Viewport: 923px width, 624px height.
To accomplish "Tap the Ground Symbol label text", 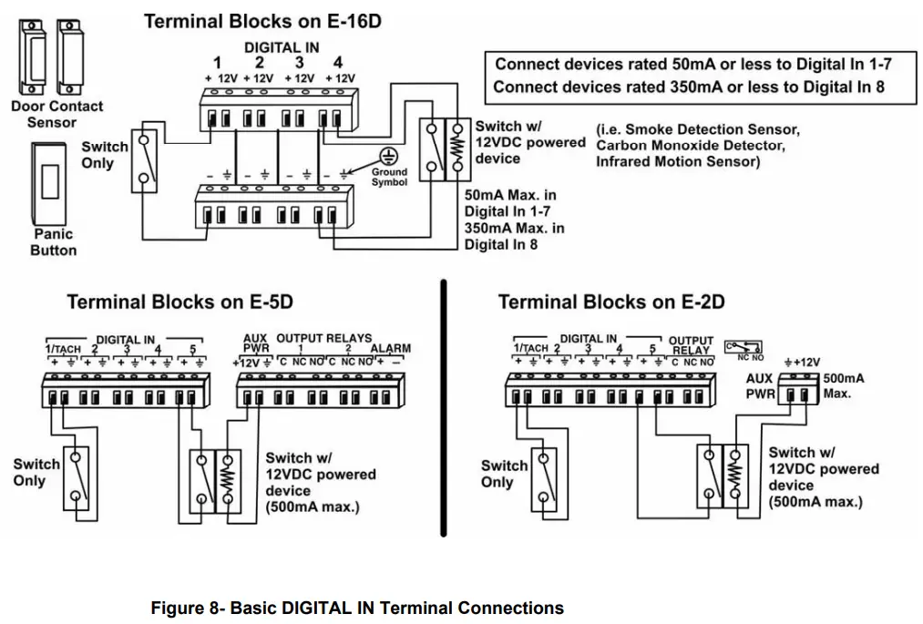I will [389, 178].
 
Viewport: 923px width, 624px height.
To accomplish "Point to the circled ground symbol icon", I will [389, 155].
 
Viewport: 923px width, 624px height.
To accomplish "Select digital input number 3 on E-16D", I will [299, 63].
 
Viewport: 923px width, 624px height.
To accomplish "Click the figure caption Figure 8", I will [357, 608].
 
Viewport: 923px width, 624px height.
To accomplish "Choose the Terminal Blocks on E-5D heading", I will [180, 302].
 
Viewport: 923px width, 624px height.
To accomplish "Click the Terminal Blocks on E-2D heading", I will [611, 302].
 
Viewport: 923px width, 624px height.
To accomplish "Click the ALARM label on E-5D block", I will [390, 349].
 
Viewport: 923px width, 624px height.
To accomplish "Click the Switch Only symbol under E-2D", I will [544, 476].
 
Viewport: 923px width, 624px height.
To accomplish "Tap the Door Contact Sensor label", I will [56, 114].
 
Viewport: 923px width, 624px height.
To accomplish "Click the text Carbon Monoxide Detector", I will [689, 146].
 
